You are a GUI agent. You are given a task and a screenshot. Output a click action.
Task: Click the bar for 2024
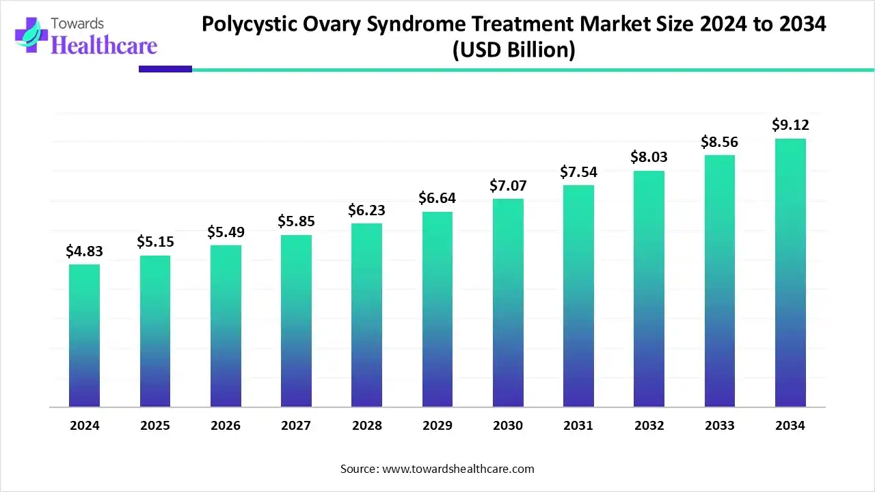[x=84, y=336]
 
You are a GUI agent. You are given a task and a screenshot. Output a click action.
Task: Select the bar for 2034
[x=790, y=273]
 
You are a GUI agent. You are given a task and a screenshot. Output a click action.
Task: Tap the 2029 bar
[x=437, y=310]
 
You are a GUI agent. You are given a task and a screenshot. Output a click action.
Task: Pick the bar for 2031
[x=578, y=296]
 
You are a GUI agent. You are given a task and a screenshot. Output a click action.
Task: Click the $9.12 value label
[x=790, y=125]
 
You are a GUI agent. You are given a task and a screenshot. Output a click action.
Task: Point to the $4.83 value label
[x=84, y=251]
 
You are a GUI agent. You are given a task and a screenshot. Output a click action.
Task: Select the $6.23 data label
[x=367, y=211]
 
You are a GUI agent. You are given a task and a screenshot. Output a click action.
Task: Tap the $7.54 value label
[x=578, y=172]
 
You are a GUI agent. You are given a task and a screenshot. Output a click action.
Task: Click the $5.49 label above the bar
[x=226, y=232]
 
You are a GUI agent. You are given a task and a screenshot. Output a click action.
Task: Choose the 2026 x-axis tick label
[x=226, y=426]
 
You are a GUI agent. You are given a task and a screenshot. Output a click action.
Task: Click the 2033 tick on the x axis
[x=719, y=426]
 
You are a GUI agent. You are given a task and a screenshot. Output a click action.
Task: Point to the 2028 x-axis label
[x=367, y=426]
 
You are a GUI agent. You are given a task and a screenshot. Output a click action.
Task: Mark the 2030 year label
[x=508, y=426]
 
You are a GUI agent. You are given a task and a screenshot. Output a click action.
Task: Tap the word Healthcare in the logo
[x=104, y=45]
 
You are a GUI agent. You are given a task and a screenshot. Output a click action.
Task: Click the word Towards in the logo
[x=80, y=23]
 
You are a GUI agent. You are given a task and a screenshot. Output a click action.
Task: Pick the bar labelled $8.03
[x=649, y=289]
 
